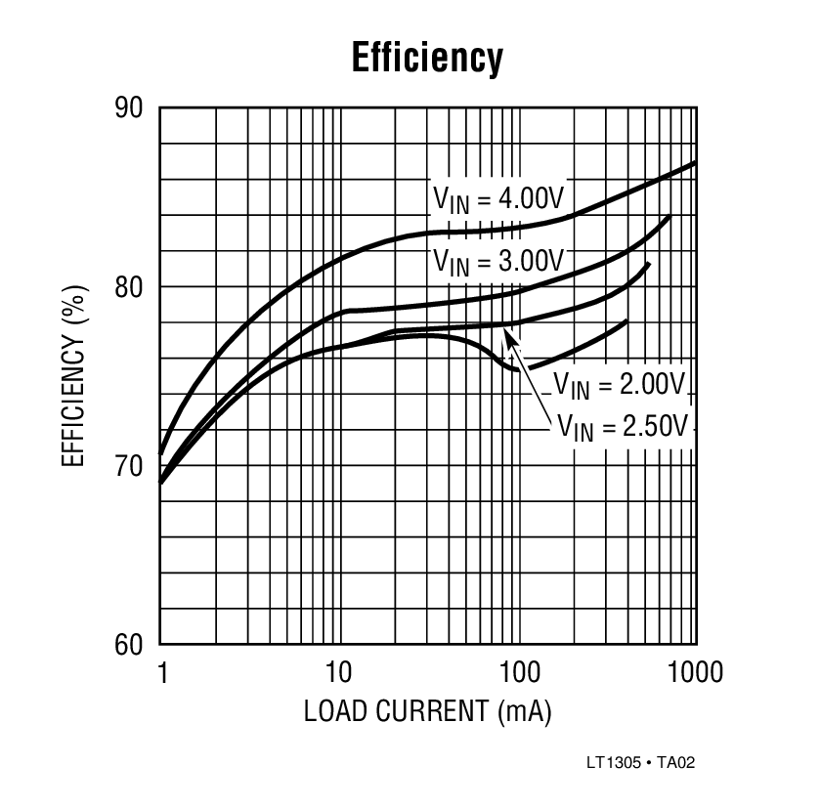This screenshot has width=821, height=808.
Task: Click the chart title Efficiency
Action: point(427,59)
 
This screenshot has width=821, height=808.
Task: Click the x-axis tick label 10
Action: point(339,673)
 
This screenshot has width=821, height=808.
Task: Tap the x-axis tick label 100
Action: point(517,673)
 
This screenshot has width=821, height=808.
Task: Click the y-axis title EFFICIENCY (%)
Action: point(75,376)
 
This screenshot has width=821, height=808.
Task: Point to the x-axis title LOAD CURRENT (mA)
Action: point(427,711)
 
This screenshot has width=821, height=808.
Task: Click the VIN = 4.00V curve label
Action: point(498,198)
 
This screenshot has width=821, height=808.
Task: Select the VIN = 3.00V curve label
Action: point(498,261)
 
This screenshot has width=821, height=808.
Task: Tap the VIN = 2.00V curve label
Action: point(619,384)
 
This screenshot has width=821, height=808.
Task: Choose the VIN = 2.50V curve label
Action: point(625,425)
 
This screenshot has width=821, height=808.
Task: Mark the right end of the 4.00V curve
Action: point(695,162)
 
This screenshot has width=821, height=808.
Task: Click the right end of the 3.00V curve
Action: point(669,217)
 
